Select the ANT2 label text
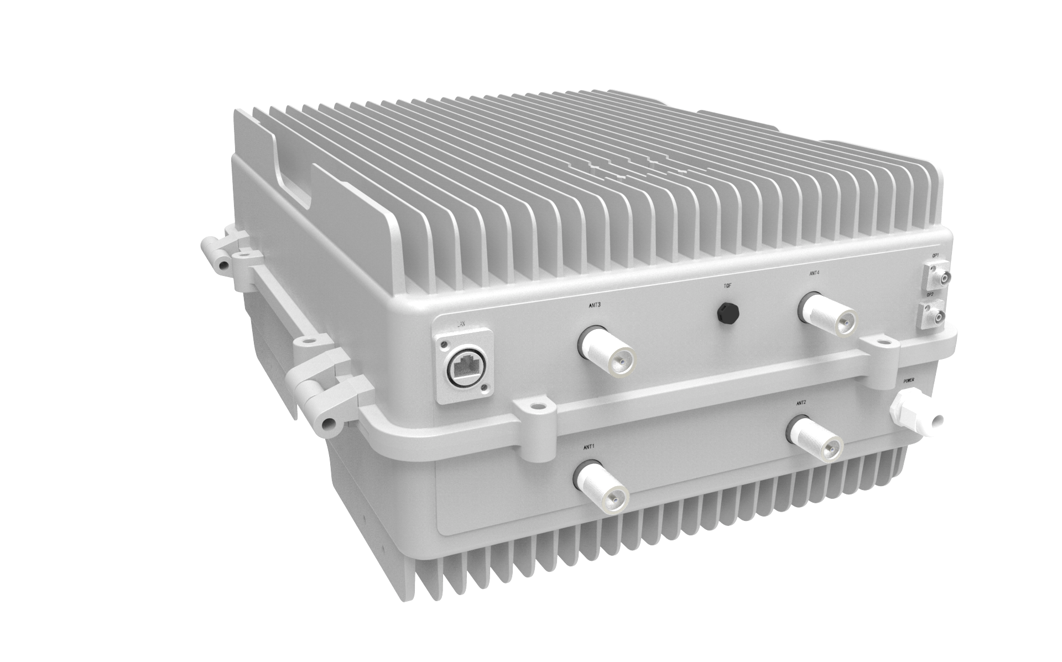(801, 403)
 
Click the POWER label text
(909, 381)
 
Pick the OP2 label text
(930, 295)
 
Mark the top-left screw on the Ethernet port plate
(444, 346)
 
